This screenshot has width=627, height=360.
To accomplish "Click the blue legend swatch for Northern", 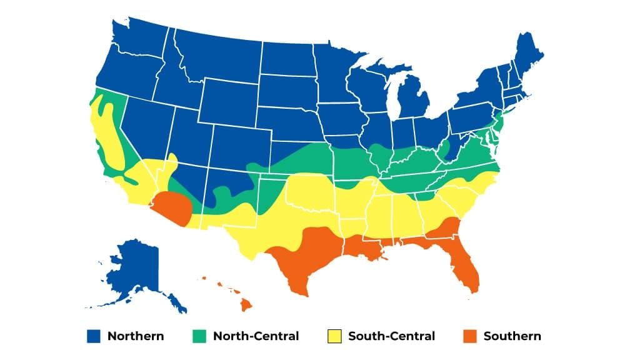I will [93, 336].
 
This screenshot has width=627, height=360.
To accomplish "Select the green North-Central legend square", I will [198, 336].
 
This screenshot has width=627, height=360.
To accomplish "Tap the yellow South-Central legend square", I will [333, 336].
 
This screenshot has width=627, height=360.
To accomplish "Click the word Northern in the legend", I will [136, 336].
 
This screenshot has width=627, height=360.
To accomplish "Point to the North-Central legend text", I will [256, 336].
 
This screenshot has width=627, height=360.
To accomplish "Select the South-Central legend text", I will [391, 336].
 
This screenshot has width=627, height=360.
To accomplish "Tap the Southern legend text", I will [512, 336].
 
